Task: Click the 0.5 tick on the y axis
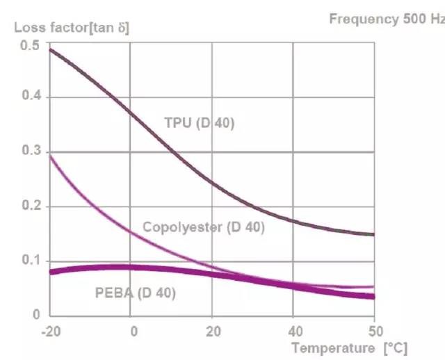click(31, 44)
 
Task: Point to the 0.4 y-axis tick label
click(31, 97)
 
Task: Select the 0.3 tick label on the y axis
click(31, 152)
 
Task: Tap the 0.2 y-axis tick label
click(31, 206)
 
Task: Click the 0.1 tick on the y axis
click(31, 261)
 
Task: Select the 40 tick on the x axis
click(294, 330)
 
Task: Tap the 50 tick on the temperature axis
click(375, 330)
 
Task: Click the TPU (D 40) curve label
click(200, 123)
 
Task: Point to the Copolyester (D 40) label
click(203, 227)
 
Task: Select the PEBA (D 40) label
click(135, 293)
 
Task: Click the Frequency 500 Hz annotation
click(387, 19)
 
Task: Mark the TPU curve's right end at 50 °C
click(374, 234)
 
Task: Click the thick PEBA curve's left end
click(51, 272)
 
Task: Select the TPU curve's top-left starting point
click(51, 49)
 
